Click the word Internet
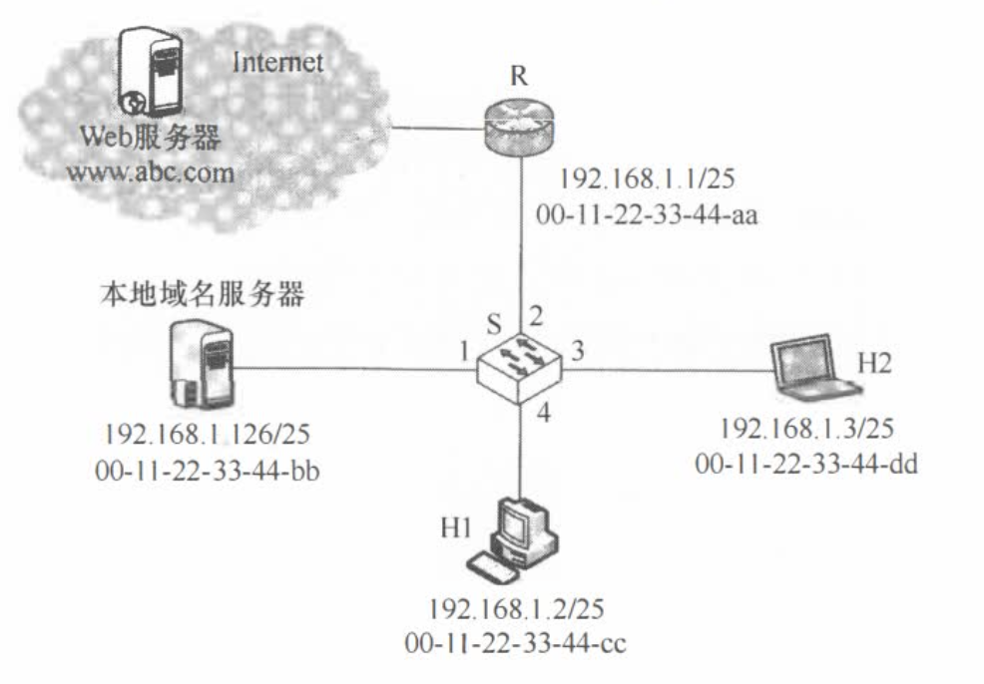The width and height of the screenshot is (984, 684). pyautogui.click(x=277, y=64)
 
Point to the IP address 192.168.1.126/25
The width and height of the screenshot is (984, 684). pyautogui.click(x=218, y=435)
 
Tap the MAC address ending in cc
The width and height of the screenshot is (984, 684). pyautogui.click(x=517, y=643)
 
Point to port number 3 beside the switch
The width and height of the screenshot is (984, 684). pyautogui.click(x=578, y=351)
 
